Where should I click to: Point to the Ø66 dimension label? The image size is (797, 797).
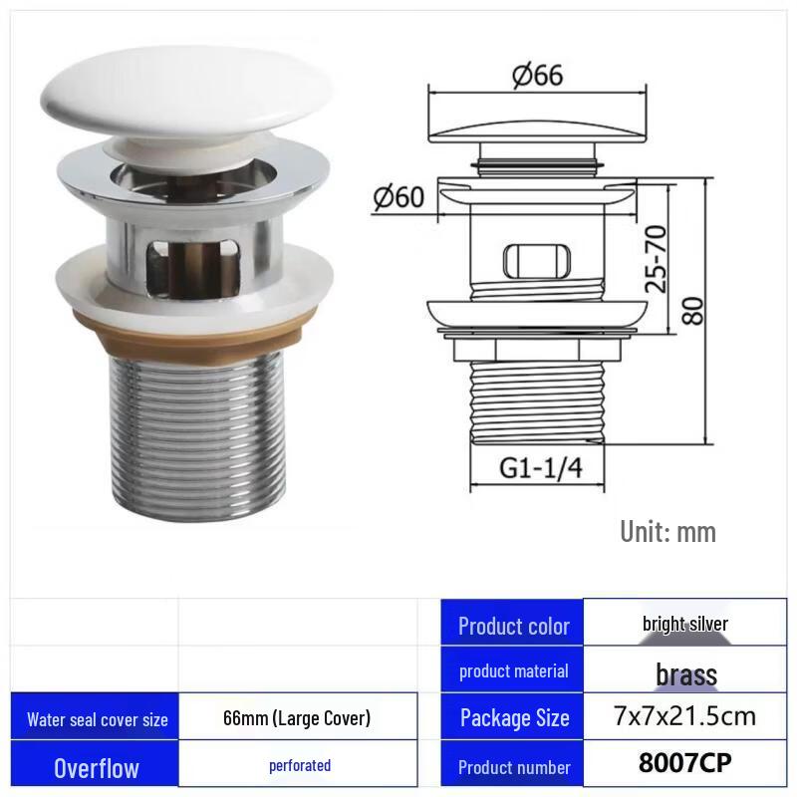click(537, 76)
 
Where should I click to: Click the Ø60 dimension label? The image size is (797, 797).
click(398, 196)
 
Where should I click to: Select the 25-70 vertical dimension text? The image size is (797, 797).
click(655, 258)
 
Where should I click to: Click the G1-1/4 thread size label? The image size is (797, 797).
click(538, 469)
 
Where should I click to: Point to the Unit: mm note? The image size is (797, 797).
click(667, 531)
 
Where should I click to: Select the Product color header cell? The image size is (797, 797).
click(513, 627)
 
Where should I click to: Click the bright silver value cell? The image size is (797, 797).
click(684, 625)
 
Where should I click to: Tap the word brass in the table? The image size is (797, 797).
click(685, 674)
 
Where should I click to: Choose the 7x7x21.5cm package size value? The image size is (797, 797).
click(684, 715)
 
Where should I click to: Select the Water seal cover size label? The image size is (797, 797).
click(97, 719)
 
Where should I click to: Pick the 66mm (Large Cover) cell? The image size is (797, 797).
click(297, 717)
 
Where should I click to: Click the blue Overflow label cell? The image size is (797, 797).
click(97, 767)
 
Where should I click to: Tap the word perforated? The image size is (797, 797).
click(299, 765)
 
